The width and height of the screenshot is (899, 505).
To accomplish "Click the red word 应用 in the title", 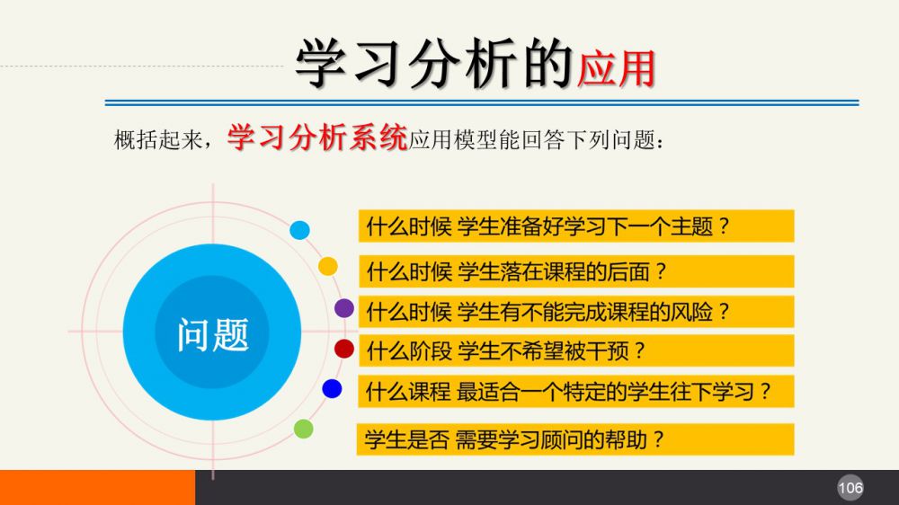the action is (617, 69).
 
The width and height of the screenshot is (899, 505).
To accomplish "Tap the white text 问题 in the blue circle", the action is (213, 335).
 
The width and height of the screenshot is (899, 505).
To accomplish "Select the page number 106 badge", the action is (850, 488).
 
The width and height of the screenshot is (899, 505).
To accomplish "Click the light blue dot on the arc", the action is (299, 230).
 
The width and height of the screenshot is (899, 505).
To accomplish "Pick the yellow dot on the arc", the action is (328, 266).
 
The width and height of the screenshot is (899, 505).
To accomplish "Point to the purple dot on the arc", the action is (344, 308).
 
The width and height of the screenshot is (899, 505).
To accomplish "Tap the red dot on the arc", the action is (344, 349).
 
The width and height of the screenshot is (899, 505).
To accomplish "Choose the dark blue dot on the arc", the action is (332, 389).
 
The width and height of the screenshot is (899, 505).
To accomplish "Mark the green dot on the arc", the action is (303, 429).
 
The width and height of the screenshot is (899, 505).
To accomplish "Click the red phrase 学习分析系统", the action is (317, 138).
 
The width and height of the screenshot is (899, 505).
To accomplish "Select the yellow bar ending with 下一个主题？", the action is (576, 226).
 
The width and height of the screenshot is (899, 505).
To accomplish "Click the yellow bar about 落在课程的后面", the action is (576, 271).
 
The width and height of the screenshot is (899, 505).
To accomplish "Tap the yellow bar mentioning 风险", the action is (576, 311).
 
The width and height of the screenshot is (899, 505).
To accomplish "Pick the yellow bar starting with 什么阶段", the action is (576, 350).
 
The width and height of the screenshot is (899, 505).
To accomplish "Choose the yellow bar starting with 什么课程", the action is (576, 391).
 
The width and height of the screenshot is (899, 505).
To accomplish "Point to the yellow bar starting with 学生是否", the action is (575, 439).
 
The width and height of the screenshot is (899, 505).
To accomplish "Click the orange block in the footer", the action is (97, 487).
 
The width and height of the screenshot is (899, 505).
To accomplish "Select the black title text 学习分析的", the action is (434, 64).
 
